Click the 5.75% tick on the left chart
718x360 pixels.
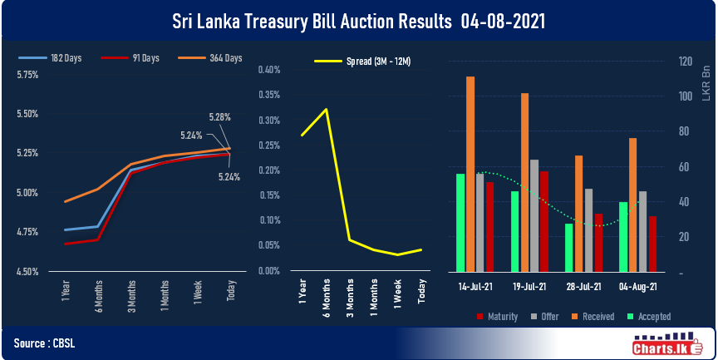27,75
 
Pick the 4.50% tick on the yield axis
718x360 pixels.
27,272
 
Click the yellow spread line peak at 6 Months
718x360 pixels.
326,109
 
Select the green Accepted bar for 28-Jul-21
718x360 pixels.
569,247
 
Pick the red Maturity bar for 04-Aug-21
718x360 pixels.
653,244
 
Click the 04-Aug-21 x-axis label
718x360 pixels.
638,286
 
